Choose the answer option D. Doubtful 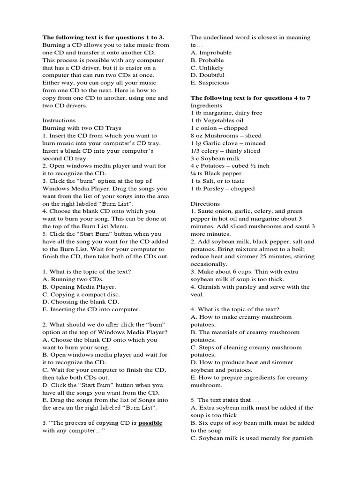[x=207, y=75]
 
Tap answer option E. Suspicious [x=210, y=82]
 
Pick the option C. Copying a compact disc [x=81, y=294]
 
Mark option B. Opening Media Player [x=79, y=287]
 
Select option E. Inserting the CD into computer [x=91, y=309]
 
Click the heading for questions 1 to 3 [x=103, y=37]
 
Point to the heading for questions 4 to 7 [x=250, y=98]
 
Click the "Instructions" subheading [x=59, y=120]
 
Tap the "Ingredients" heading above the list [x=206, y=105]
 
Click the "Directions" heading [x=205, y=204]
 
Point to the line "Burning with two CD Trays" [x=82, y=128]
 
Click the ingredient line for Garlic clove [x=228, y=143]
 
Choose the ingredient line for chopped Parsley [x=223, y=188]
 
